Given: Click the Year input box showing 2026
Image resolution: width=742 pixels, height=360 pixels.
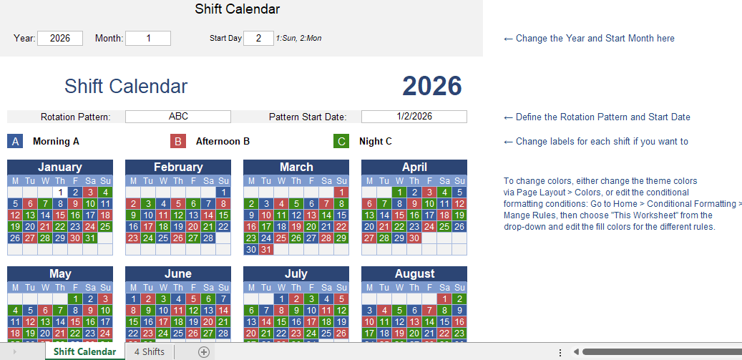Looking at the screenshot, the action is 60,39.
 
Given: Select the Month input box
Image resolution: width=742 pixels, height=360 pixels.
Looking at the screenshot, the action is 148,39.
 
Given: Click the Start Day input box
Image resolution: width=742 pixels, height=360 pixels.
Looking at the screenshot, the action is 258,39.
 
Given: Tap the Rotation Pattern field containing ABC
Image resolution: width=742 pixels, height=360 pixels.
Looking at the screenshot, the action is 178,117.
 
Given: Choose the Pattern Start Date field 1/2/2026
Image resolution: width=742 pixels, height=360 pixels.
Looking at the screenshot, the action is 414,117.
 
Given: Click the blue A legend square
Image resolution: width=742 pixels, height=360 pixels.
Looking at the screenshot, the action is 15,141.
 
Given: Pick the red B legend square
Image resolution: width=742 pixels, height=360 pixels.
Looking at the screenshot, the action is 178,141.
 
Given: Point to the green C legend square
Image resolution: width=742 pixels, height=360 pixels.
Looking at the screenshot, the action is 341,141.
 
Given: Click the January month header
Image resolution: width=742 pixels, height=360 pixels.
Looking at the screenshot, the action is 60,167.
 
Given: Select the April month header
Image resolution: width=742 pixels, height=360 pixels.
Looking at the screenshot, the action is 414,167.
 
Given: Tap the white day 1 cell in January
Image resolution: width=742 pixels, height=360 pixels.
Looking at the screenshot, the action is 60,192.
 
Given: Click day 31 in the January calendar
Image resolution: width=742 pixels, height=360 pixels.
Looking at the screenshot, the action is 90,238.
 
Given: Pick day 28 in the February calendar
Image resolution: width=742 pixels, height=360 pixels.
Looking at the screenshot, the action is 208,238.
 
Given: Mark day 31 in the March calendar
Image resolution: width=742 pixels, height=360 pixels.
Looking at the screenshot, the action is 266,249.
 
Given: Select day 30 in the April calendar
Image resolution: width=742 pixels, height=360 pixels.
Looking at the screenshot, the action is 414,238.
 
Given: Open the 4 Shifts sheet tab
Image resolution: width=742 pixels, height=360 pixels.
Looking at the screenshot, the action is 150,351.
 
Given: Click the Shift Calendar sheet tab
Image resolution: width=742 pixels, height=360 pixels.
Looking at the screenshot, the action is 84,351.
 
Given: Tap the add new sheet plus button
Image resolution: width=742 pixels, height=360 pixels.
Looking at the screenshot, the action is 203,352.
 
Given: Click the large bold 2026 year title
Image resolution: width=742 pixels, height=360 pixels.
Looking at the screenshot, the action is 432,86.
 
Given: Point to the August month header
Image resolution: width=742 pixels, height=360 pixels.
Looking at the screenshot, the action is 414,273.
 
